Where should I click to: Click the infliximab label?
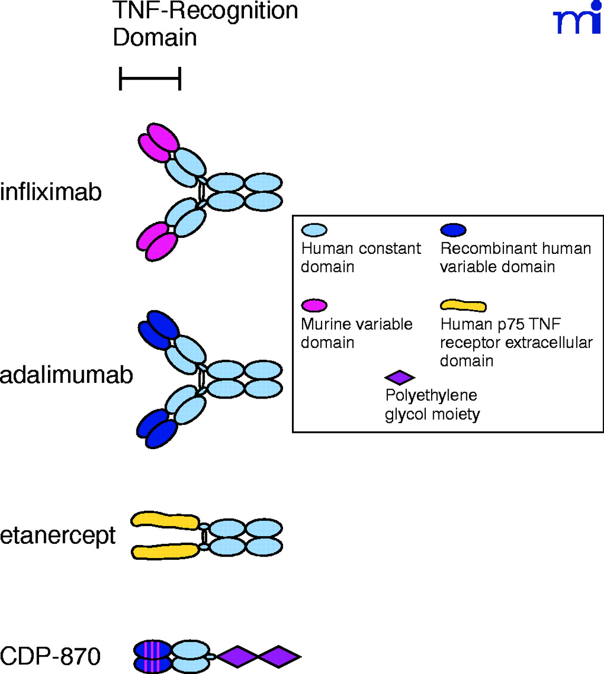coord(51,192)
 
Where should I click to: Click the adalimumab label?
coord(66,375)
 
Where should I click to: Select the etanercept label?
coord(57,536)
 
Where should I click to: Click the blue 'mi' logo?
coord(578,19)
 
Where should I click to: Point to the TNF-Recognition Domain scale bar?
coord(150,79)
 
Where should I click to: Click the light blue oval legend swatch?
coord(314,230)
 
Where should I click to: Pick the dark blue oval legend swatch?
coord(453,230)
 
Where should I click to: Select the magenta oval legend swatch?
coord(314,305)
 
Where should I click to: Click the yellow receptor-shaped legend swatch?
coord(463,305)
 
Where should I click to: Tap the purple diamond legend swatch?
coord(400,378)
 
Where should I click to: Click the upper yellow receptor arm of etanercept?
coord(165,520)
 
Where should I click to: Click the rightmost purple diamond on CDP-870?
coord(279,657)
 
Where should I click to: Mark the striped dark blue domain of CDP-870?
coord(153,657)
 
